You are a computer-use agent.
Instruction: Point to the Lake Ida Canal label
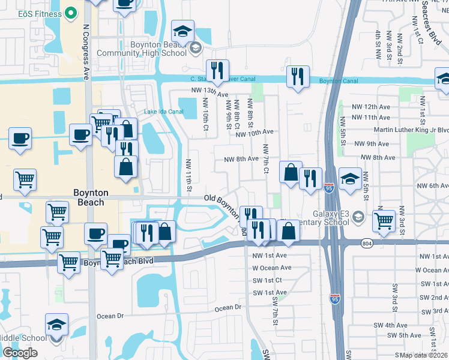(x=163, y=112)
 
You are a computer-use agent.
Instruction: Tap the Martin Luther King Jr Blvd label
(x=411, y=130)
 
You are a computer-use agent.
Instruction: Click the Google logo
(x=20, y=353)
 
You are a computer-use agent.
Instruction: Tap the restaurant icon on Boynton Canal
(x=298, y=76)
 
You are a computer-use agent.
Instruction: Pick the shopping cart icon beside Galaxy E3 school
(x=384, y=220)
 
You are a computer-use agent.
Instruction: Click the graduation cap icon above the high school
(x=182, y=30)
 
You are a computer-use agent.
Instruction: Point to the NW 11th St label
(x=188, y=176)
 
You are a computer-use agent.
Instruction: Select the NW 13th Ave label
(x=210, y=94)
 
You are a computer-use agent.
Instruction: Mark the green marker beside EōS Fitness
(x=71, y=13)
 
